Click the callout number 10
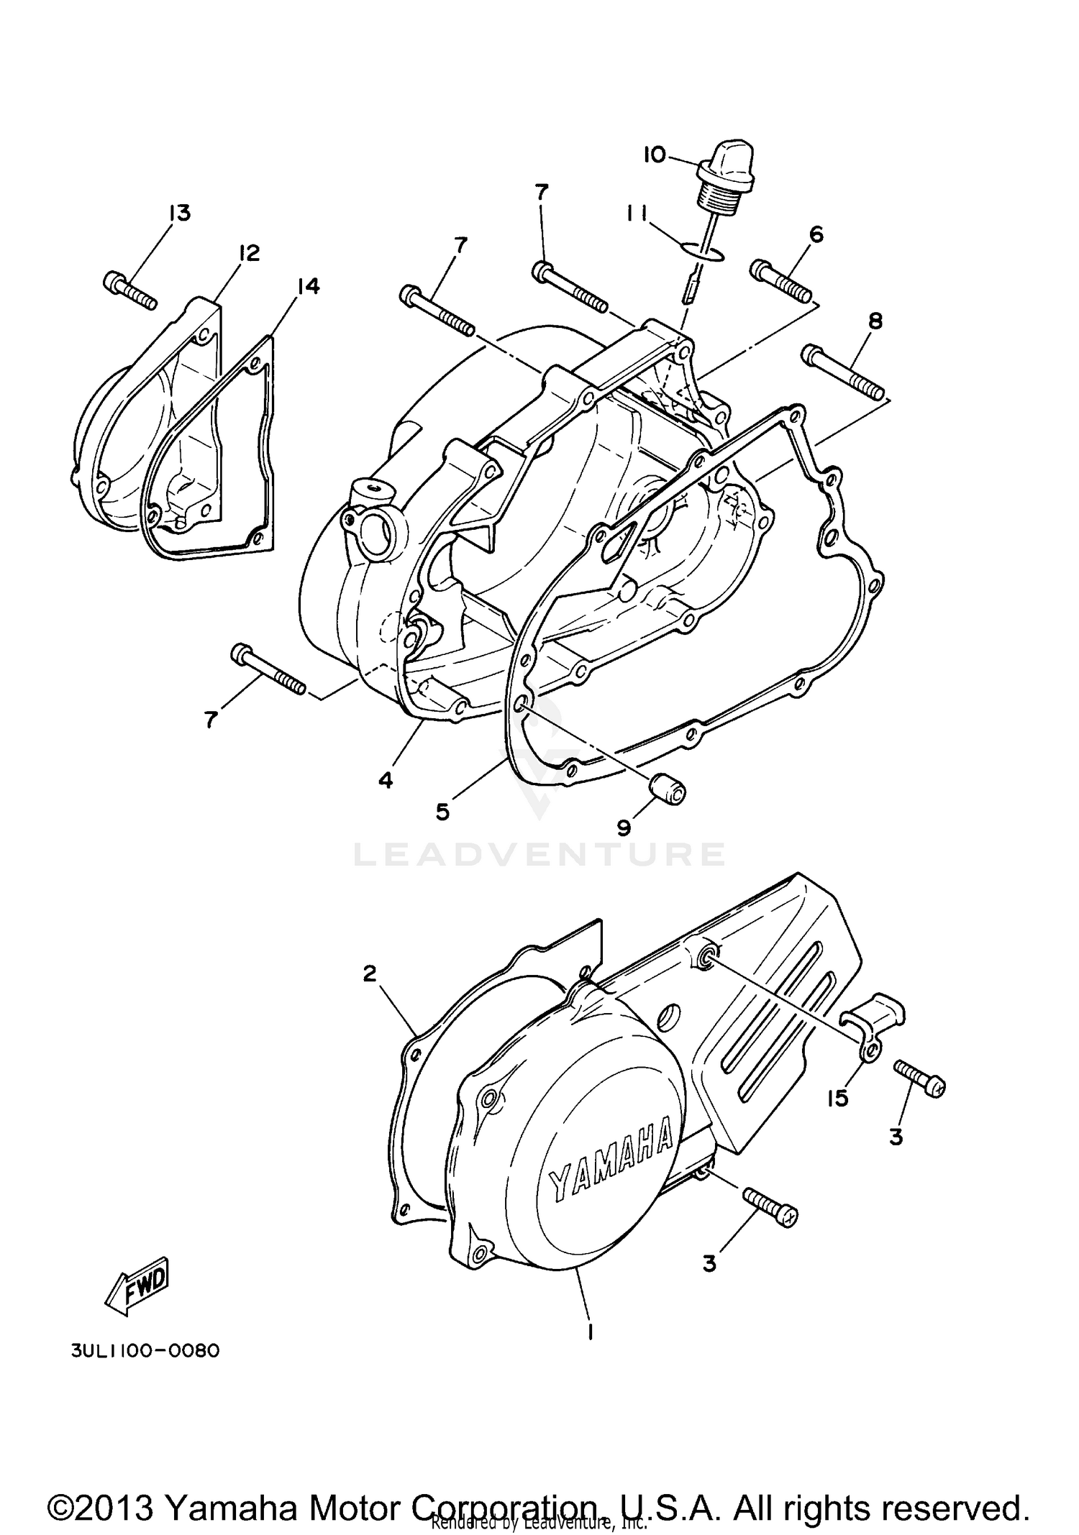(x=654, y=155)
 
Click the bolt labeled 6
(x=781, y=282)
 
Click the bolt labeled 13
(x=130, y=290)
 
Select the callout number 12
(x=249, y=253)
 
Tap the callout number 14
(x=308, y=286)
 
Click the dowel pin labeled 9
(x=668, y=791)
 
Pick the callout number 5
(x=442, y=812)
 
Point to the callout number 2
(x=369, y=973)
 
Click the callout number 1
(x=590, y=1332)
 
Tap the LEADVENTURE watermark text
(x=539, y=854)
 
